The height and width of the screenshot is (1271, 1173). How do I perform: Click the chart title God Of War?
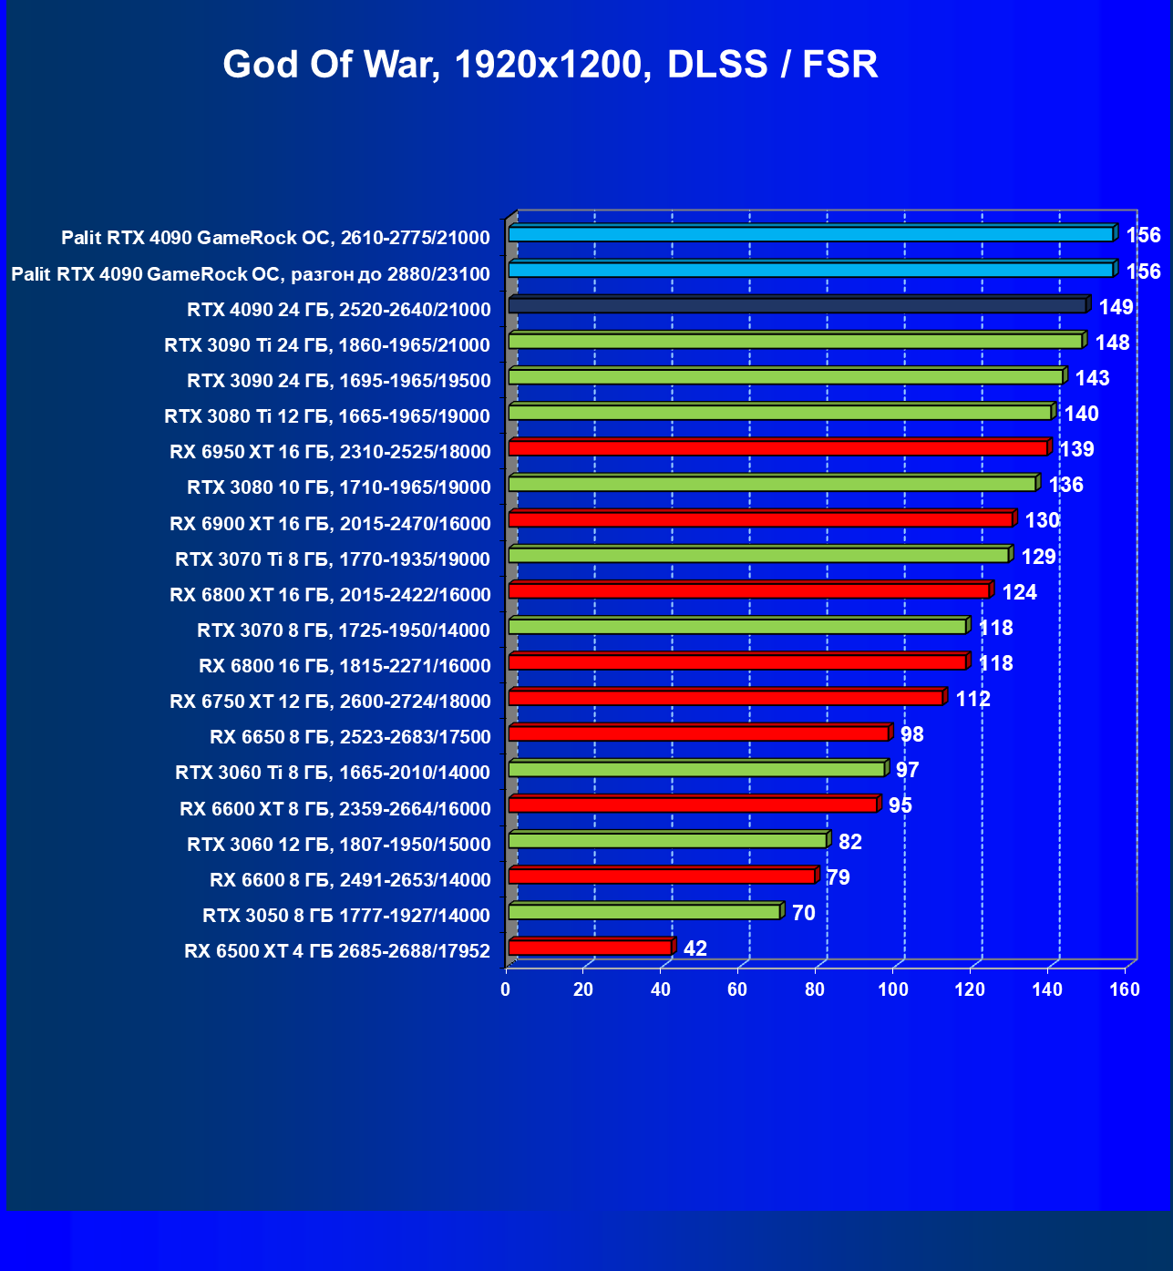pyautogui.click(x=550, y=65)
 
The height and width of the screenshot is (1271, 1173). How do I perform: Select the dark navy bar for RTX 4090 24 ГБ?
pyautogui.click(x=797, y=305)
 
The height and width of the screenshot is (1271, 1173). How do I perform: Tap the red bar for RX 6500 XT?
pyautogui.click(x=591, y=948)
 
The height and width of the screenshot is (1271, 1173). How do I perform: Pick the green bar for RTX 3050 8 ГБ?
pyautogui.click(x=644, y=912)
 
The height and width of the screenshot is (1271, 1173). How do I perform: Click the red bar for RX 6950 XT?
pyautogui.click(x=777, y=448)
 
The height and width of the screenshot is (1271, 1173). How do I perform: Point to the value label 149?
pyautogui.click(x=1116, y=307)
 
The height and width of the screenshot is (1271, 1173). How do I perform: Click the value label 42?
pyautogui.click(x=695, y=948)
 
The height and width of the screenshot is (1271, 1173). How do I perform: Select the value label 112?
pyautogui.click(x=972, y=699)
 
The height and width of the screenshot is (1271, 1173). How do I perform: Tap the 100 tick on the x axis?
pyautogui.click(x=893, y=989)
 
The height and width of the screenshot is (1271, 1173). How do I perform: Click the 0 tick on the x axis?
pyautogui.click(x=506, y=989)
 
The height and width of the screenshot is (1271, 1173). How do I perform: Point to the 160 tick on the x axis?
pyautogui.click(x=1125, y=989)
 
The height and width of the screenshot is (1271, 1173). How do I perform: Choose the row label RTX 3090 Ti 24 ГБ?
pyautogui.click(x=327, y=344)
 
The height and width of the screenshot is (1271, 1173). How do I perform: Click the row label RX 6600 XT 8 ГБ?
pyautogui.click(x=335, y=808)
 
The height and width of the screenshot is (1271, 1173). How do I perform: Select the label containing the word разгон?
pyautogui.click(x=251, y=273)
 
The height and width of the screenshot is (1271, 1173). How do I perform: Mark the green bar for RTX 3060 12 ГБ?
pyautogui.click(x=667, y=840)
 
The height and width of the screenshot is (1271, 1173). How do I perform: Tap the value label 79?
pyautogui.click(x=838, y=877)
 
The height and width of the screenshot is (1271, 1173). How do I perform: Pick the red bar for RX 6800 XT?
pyautogui.click(x=748, y=590)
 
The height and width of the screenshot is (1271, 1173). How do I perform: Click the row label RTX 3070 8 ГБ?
pyautogui.click(x=344, y=630)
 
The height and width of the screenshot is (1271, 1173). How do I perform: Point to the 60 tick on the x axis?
pyautogui.click(x=738, y=989)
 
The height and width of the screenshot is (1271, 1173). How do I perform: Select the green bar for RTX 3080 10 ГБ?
pyautogui.click(x=772, y=484)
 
